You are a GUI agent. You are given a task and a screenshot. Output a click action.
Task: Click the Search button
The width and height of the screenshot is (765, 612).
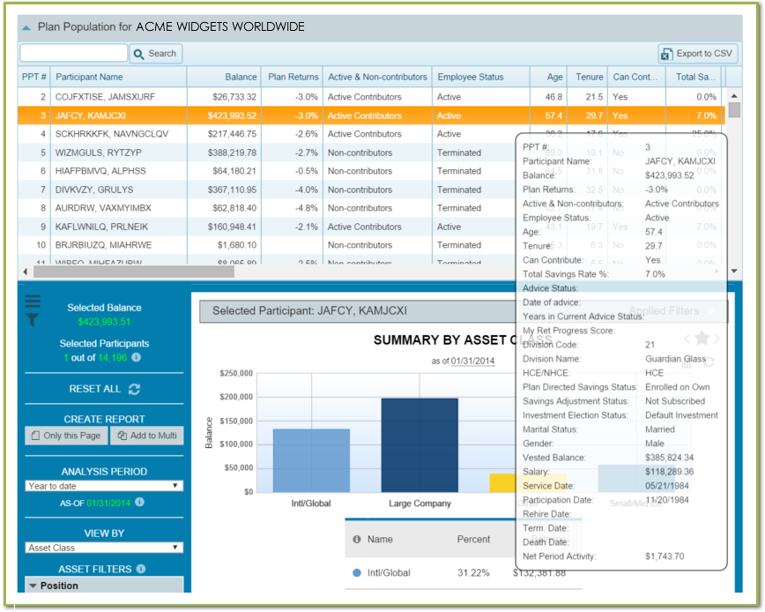tap(155, 54)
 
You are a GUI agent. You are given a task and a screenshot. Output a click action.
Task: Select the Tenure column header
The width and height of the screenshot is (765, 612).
tap(589, 77)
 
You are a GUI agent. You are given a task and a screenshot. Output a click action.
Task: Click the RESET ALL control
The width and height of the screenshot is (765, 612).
tap(104, 389)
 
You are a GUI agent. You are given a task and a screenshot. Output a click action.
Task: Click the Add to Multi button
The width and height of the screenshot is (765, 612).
tap(147, 436)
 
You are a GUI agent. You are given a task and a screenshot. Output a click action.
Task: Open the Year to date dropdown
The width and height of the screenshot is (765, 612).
tap(104, 486)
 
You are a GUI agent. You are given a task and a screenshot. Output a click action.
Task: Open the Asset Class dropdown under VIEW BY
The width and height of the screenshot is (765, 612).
tap(104, 548)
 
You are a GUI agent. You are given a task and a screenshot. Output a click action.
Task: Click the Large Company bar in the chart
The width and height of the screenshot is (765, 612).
tap(420, 444)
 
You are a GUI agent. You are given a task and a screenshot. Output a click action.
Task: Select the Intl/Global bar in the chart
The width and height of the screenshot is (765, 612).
tap(310, 459)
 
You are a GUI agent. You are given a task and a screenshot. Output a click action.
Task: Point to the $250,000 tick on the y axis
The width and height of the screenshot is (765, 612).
tap(235, 373)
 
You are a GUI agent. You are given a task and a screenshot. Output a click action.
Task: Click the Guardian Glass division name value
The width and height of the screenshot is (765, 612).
tap(674, 359)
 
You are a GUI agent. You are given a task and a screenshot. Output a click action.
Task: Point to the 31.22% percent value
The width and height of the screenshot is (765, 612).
tap(474, 572)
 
